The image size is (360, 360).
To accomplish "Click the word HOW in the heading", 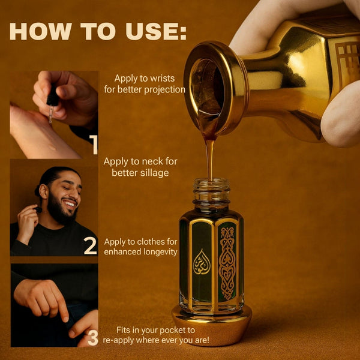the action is click(x=41, y=31).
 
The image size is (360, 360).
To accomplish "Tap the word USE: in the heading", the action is click(x=156, y=31).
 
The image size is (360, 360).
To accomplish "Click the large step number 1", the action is click(x=94, y=145).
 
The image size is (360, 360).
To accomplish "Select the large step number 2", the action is click(x=90, y=245).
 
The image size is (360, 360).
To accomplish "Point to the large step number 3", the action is click(x=93, y=338).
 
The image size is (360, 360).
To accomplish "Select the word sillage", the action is click(x=155, y=173).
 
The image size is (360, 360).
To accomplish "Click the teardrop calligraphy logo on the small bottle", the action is click(x=202, y=262).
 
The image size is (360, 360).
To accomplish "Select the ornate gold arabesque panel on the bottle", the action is click(x=227, y=263).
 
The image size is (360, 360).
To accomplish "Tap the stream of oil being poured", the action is click(x=209, y=158).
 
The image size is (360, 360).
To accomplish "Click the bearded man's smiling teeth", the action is click(x=70, y=203).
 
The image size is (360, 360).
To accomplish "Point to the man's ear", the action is click(x=43, y=191).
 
